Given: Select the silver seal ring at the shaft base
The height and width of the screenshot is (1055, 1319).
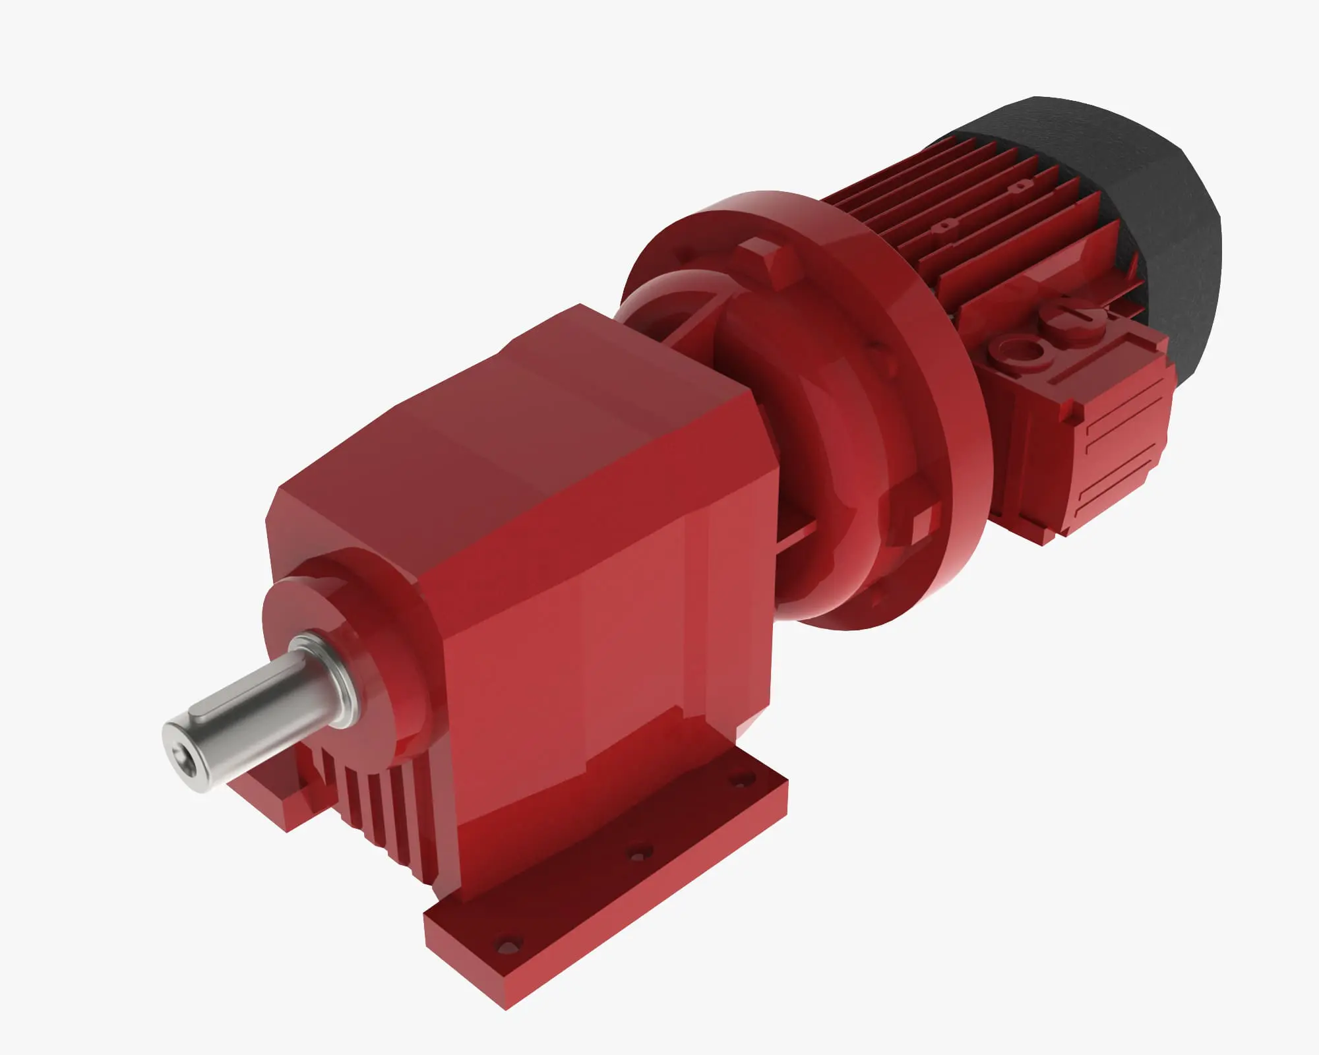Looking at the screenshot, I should pos(327,677).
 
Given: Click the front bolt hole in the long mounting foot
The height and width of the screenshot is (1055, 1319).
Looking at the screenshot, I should pos(508,946).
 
